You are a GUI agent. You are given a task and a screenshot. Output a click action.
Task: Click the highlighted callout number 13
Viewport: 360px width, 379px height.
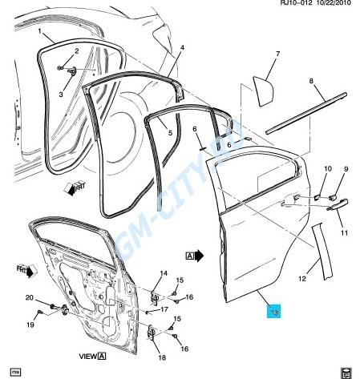point(274,312)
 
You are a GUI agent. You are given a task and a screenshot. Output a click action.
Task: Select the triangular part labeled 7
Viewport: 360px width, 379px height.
point(264,91)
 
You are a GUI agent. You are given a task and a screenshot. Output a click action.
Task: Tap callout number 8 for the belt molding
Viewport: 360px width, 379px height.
point(311,81)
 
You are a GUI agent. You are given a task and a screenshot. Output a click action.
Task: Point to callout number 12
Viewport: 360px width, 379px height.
point(302,278)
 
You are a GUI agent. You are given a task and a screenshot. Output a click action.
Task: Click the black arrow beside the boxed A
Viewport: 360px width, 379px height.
point(199,256)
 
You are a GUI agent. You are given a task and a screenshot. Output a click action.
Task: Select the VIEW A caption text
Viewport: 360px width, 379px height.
point(92,356)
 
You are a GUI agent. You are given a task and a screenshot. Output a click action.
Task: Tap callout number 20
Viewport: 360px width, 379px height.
point(30,297)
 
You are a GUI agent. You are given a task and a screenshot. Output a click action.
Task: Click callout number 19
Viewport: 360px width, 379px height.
point(30,325)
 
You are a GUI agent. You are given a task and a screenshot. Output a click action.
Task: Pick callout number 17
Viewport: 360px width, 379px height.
point(164,309)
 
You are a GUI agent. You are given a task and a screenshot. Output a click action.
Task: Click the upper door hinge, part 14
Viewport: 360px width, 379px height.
point(155,296)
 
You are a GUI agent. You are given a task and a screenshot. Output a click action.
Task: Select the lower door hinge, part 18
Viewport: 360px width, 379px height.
point(152,333)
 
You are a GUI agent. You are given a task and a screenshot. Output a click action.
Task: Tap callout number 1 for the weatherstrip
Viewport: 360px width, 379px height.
point(39,31)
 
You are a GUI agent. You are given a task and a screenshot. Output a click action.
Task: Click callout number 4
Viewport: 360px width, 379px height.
point(182,47)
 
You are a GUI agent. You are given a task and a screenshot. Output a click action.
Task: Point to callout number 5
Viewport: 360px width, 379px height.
point(170,132)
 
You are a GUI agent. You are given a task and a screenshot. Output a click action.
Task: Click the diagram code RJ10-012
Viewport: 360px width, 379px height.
point(296,3)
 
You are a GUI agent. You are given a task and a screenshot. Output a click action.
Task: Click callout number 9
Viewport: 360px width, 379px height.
point(346,169)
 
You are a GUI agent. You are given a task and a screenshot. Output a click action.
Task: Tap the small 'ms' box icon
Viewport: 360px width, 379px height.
point(15,372)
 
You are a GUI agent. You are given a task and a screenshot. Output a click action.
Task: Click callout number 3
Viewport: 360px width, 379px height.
point(61,94)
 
